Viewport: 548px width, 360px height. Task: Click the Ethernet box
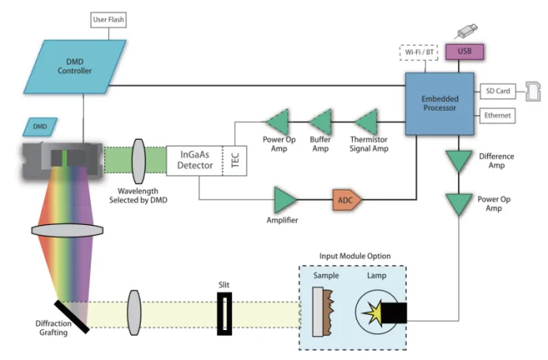tap(496, 116)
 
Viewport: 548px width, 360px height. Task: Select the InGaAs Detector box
tap(194, 160)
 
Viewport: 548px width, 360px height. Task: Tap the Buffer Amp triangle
tap(320, 122)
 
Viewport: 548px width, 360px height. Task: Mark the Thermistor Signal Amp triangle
tap(366, 122)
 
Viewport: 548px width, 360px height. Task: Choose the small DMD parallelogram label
tap(41, 126)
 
